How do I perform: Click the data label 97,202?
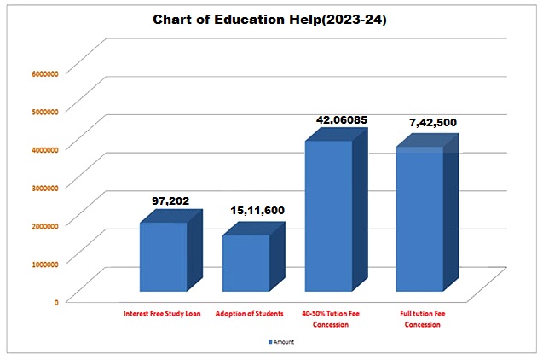(170, 201)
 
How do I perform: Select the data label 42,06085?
(341, 120)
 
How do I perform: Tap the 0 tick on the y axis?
(55, 301)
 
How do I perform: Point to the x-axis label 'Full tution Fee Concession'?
(423, 319)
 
